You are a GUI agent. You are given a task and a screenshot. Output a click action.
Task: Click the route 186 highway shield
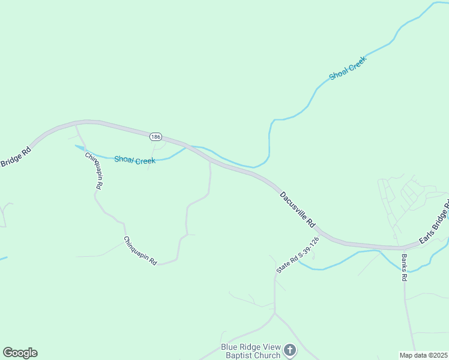pyautogui.click(x=156, y=137)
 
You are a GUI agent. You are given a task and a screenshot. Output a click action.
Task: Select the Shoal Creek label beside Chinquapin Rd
pyautogui.click(x=134, y=160)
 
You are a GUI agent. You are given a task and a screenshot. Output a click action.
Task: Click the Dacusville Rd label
pyautogui.click(x=297, y=208)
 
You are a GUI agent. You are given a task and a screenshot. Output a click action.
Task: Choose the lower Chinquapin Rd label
pyautogui.click(x=140, y=251)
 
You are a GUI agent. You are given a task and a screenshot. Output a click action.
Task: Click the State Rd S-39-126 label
pyautogui.click(x=297, y=254)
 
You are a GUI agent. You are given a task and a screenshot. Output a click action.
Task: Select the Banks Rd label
pyautogui.click(x=404, y=268)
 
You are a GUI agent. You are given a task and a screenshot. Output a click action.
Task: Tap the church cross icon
pyautogui.click(x=290, y=350)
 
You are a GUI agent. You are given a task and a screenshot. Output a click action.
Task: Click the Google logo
pyautogui.click(x=20, y=353)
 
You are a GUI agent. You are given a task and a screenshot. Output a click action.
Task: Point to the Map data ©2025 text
pyautogui.click(x=424, y=355)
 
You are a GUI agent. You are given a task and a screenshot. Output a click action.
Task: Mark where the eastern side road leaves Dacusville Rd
pyautogui.click(x=209, y=161)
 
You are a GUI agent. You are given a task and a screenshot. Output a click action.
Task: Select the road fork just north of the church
pyautogui.click(x=275, y=313)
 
